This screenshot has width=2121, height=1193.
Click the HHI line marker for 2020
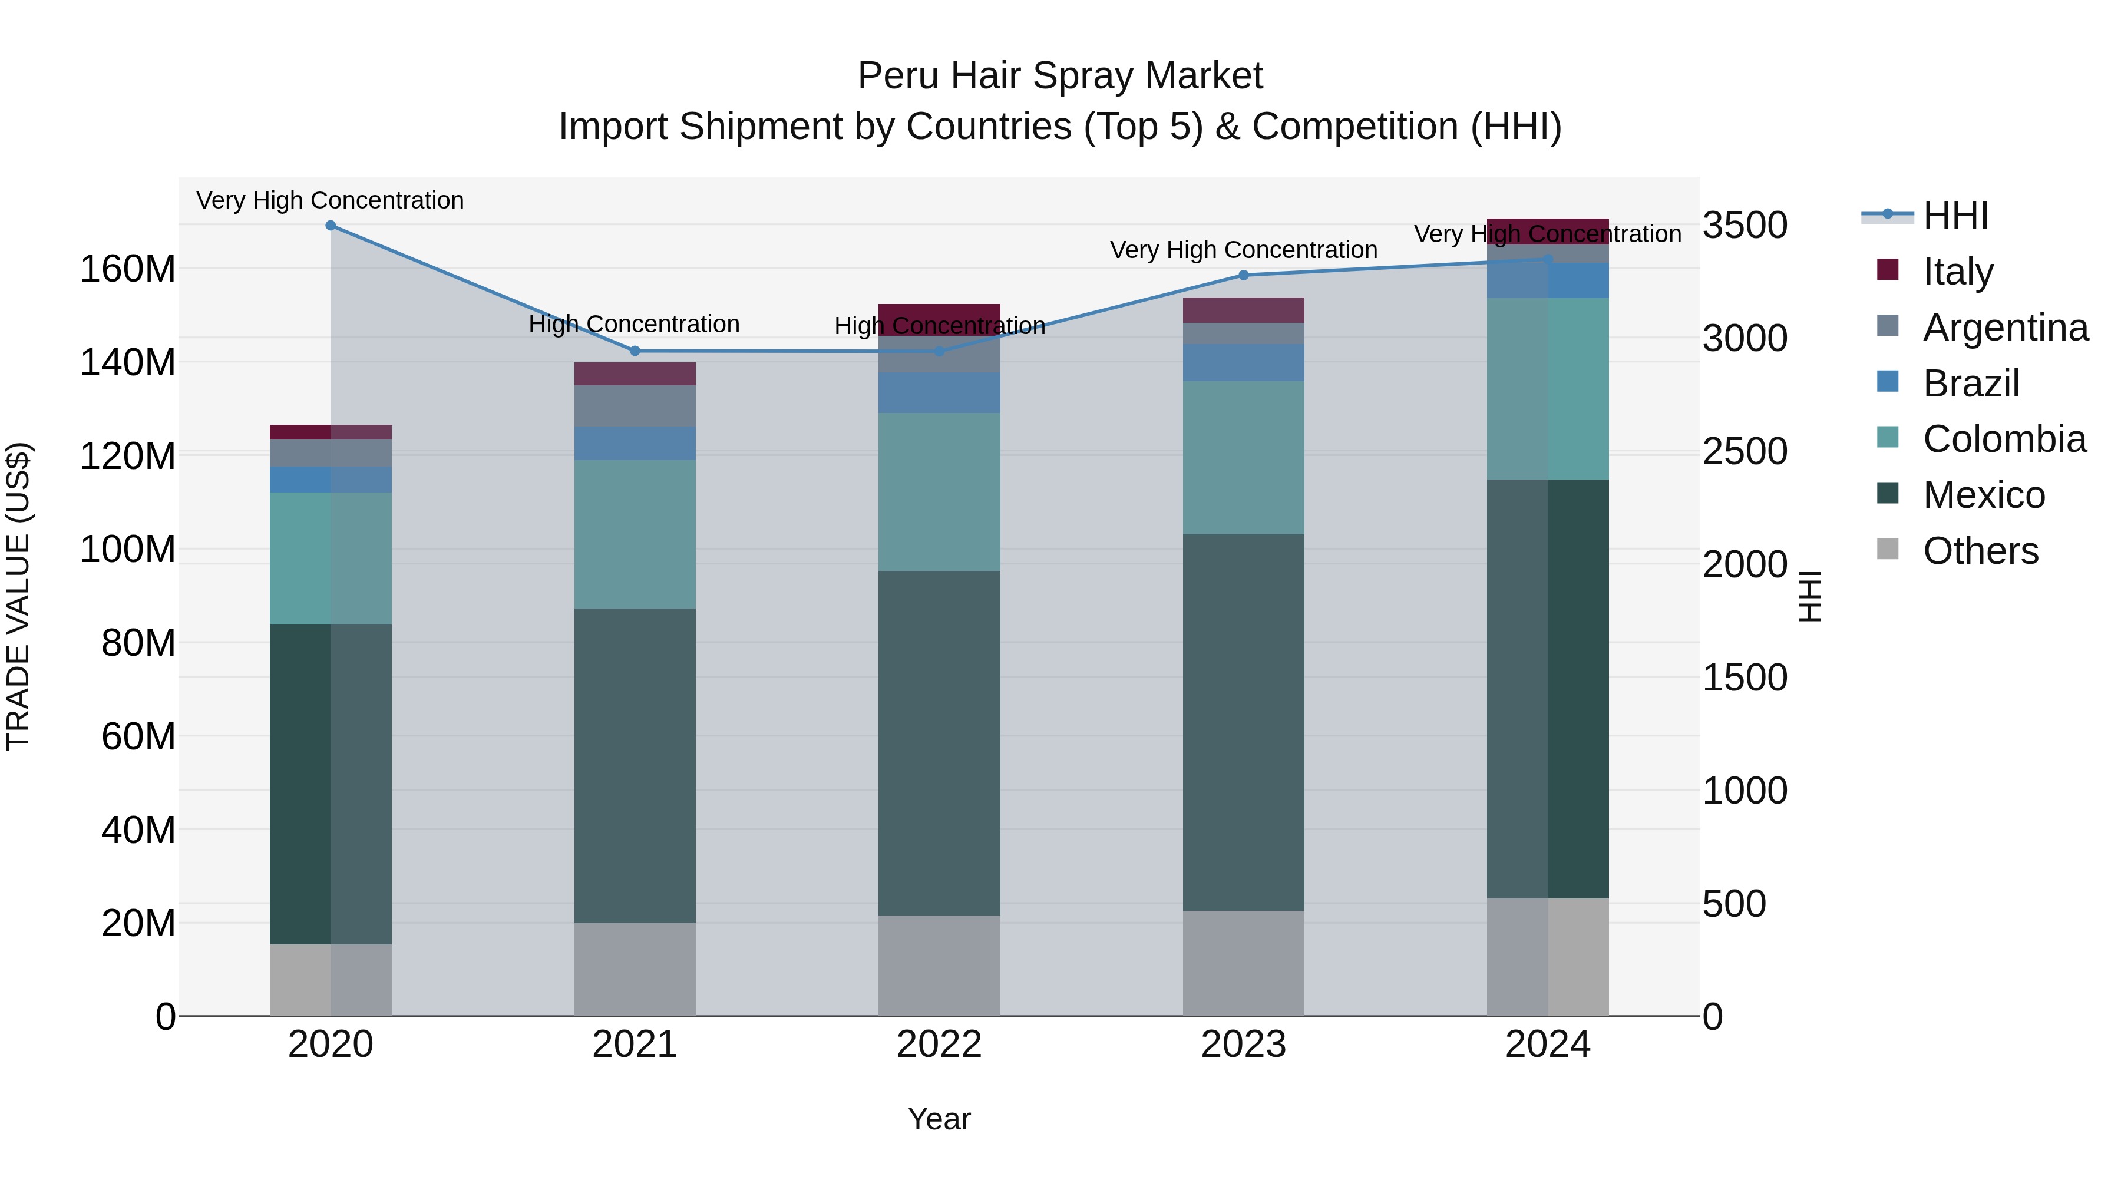coord(330,226)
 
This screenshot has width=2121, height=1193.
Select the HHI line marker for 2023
coord(1243,275)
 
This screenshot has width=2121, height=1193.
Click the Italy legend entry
coord(1957,272)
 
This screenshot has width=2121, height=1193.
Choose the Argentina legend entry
coord(2005,328)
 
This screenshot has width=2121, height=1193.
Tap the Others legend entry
coord(1980,551)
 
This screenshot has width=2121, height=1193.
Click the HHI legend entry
coord(1955,216)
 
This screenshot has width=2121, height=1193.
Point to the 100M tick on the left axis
coord(128,549)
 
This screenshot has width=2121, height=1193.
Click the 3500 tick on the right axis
coord(1745,226)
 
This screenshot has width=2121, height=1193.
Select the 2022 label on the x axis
coord(939,1045)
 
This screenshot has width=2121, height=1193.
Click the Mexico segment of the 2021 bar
coord(635,766)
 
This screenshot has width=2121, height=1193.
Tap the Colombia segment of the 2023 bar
coord(1243,458)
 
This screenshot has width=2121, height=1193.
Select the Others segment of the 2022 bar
coord(939,966)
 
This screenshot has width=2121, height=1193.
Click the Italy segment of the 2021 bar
coord(635,374)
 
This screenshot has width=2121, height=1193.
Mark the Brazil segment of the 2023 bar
coord(1243,363)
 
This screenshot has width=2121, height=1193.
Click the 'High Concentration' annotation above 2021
coord(634,325)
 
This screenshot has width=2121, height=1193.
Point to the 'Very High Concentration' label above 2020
coord(330,201)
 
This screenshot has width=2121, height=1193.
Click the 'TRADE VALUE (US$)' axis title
coord(19,596)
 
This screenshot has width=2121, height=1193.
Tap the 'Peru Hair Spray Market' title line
coord(1060,76)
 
